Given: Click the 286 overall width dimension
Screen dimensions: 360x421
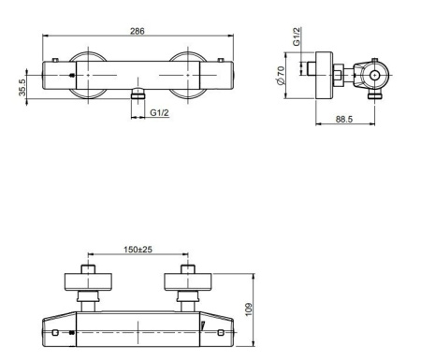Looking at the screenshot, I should pyautogui.click(x=136, y=31).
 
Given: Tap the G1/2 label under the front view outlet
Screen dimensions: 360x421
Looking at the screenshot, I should pyautogui.click(x=159, y=112).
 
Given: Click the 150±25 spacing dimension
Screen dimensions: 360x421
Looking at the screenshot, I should pyautogui.click(x=138, y=250).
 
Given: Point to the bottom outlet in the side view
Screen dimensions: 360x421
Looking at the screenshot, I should pyautogui.click(x=375, y=94).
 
